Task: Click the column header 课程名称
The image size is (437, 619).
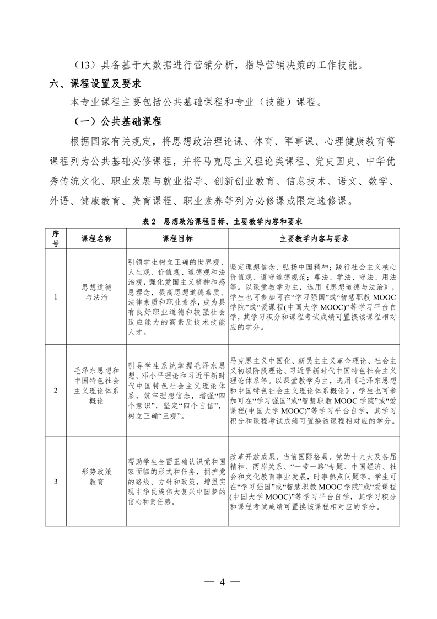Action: (x=96, y=239)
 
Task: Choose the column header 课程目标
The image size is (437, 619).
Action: (x=177, y=239)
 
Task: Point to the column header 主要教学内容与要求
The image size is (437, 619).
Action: (x=314, y=239)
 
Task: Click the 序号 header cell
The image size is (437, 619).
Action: (x=56, y=239)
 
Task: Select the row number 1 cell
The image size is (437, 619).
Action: (x=56, y=298)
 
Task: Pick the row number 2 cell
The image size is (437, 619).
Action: (x=56, y=391)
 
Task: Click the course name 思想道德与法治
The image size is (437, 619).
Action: (x=96, y=292)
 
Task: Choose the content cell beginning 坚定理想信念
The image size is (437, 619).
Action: (x=314, y=297)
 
